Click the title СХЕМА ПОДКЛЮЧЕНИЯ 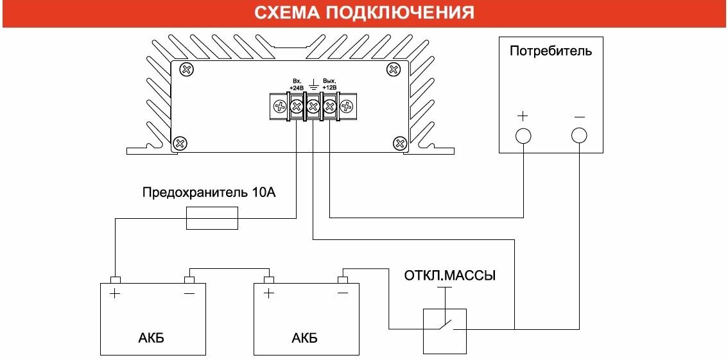364,13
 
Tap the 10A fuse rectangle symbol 212,219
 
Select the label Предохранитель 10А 209,193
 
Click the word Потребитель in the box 551,51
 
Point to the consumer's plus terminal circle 523,135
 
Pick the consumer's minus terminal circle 579,135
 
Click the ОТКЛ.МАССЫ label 450,277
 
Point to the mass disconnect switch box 444,330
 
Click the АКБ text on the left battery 151,338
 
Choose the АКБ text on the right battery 304,338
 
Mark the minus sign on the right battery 343,294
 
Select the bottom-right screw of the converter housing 400,142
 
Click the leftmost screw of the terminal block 280,106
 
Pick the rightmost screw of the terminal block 346,106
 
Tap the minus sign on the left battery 189,294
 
